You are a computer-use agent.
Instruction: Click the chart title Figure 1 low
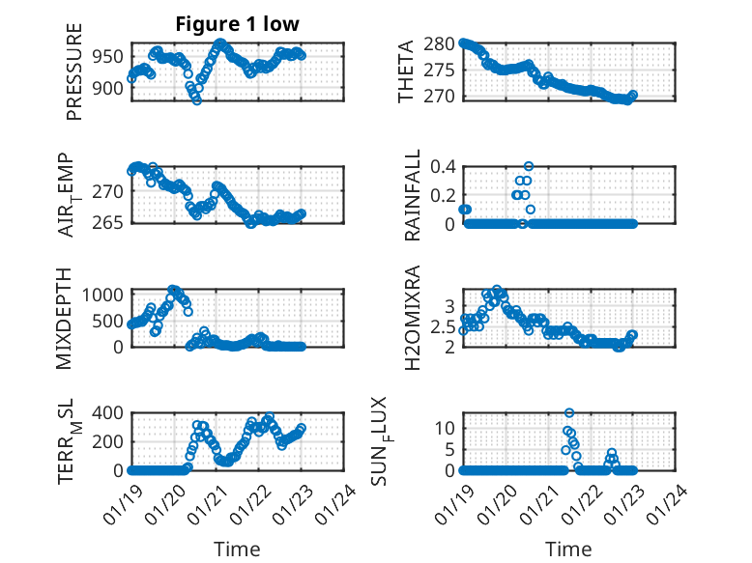click(237, 24)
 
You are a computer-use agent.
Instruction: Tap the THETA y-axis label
click(407, 70)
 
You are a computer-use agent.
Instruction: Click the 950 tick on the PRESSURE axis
click(108, 57)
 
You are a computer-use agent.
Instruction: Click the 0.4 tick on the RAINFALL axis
click(442, 166)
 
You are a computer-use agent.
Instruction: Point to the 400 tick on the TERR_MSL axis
click(108, 413)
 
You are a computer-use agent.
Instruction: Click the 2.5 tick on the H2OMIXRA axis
click(442, 327)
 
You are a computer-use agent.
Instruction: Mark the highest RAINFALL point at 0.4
click(529, 166)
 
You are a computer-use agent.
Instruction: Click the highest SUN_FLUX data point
click(569, 413)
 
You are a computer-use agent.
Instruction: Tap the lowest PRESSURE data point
click(197, 99)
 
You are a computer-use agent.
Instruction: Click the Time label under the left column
click(237, 549)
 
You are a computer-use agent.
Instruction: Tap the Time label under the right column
click(568, 549)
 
